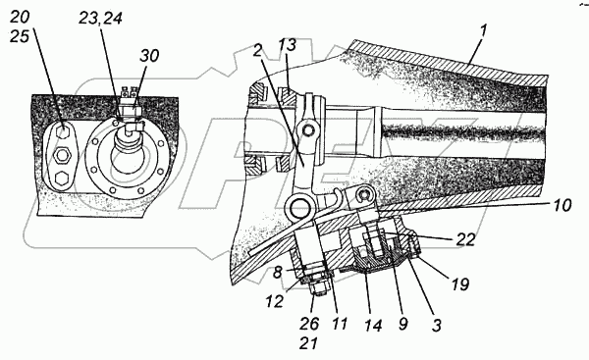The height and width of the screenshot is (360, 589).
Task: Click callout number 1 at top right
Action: point(483,31)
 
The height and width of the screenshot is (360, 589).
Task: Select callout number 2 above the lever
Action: point(257,51)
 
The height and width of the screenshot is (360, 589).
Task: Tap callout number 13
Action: point(288,45)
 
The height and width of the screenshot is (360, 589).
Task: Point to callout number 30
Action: point(149,56)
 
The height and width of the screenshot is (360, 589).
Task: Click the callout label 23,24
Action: point(100,19)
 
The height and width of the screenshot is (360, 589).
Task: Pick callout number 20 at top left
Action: point(20,18)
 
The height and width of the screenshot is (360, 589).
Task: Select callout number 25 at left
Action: point(20,36)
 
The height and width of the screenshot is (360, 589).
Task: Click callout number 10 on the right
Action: point(562,205)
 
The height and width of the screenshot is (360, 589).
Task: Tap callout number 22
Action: point(465,239)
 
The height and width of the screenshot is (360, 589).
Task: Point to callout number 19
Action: point(460,284)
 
